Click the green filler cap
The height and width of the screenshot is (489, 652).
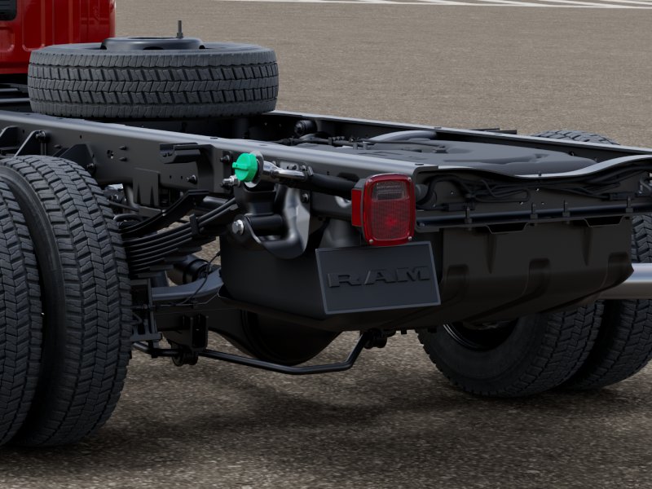pos(246,167)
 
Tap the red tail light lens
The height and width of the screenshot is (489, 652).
pos(389,209)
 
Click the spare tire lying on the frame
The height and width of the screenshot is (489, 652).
pos(153,79)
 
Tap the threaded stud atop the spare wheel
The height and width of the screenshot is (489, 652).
pos(179,29)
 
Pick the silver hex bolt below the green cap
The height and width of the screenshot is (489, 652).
pos(237,227)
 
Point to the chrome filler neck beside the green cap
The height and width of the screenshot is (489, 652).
pos(283,171)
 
